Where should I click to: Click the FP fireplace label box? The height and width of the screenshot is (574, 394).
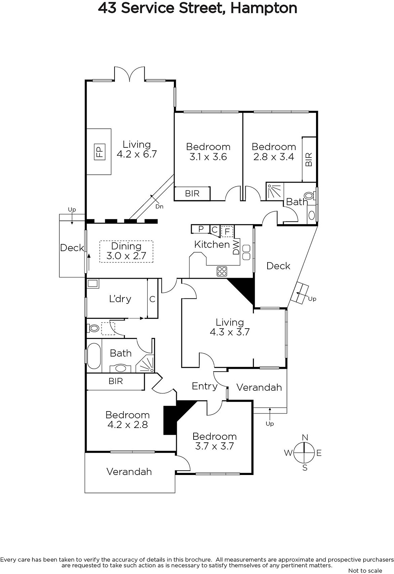point(99,152)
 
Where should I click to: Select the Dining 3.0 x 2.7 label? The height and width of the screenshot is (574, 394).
point(126,251)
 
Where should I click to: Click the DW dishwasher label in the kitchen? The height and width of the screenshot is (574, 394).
point(236,247)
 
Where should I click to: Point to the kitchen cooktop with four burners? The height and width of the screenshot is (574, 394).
point(222,271)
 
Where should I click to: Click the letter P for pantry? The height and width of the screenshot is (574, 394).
point(201,229)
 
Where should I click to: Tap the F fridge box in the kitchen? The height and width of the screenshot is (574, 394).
point(227,232)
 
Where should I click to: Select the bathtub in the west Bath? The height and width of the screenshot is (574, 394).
point(94,356)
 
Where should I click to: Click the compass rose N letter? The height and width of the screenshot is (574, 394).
point(305,437)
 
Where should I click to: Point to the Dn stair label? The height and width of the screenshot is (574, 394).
point(159,207)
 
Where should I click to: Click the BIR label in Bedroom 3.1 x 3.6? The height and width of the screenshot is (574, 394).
point(192,193)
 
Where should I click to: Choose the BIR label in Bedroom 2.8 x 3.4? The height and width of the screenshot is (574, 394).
point(309,159)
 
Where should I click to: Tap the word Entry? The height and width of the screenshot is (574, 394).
point(204,386)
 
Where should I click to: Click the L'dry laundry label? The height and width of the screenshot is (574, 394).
point(120,299)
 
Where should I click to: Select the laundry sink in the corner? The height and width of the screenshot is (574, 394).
point(93,284)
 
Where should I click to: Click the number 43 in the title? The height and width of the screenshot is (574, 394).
point(107,8)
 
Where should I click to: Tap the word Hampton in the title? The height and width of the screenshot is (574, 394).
point(264,9)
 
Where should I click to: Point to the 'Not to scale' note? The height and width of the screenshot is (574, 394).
point(365,570)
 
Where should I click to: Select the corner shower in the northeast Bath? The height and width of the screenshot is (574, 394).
point(275,192)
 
